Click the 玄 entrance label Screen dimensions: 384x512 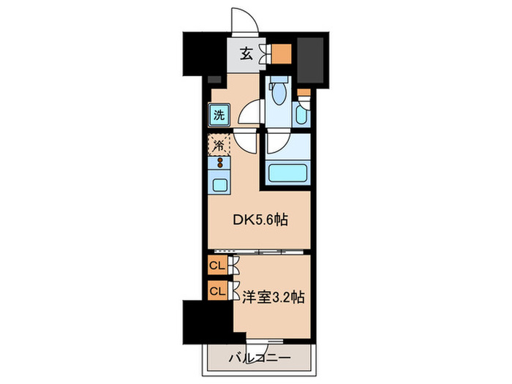247,53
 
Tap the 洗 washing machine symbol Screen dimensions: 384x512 219,115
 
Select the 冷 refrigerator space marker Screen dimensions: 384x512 219,145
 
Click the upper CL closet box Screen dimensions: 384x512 217,266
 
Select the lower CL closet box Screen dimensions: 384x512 217,292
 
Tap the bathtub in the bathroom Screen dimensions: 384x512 286,174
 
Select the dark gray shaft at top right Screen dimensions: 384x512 312,59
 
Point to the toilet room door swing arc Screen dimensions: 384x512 249,114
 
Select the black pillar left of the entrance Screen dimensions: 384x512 193,55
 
